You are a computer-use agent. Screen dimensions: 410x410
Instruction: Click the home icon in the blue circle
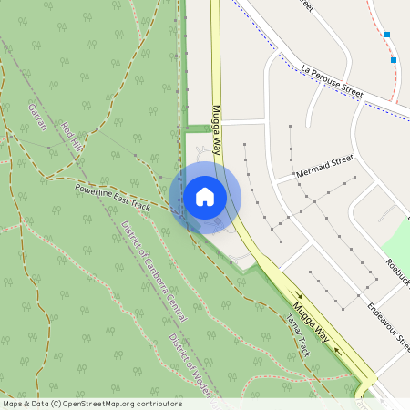(x=204, y=197)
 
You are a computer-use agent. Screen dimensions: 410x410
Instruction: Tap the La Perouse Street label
(x=332, y=81)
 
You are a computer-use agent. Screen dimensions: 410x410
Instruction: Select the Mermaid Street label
(x=323, y=166)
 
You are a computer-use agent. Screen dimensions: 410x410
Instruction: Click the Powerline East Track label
(x=112, y=192)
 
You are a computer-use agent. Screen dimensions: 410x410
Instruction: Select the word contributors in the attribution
(x=157, y=404)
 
